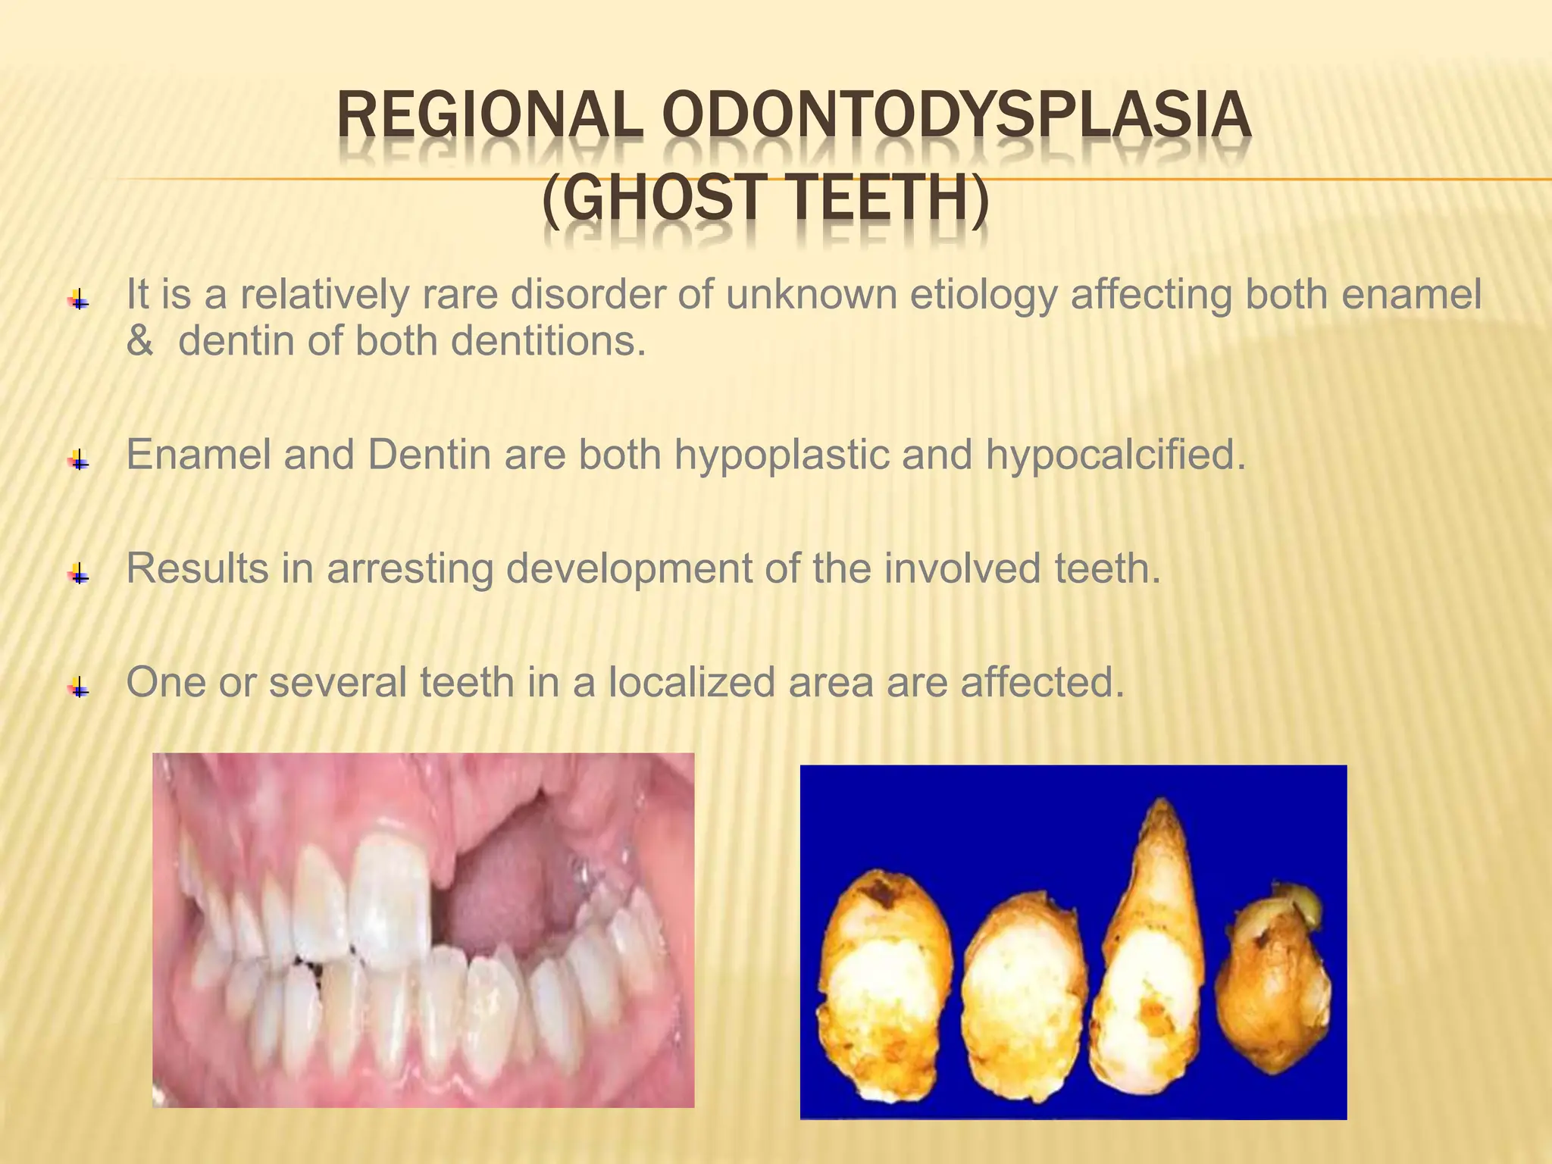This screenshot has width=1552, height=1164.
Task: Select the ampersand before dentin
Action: tap(139, 342)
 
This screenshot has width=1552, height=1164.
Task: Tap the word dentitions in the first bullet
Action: tap(549, 342)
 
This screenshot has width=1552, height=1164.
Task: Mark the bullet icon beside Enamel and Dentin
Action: tap(79, 459)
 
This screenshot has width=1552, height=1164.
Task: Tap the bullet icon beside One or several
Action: tap(79, 687)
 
